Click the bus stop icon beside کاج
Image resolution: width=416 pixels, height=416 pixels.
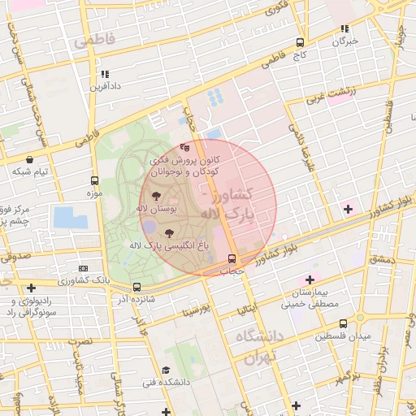coord(300,43)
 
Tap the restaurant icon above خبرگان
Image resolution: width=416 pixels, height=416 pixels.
coord(345,28)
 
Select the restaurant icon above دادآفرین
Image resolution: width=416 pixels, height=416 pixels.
coord(105,74)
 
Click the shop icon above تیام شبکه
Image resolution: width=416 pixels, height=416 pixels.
coord(30,160)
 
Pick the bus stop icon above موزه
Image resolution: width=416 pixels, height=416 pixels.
coord(95,181)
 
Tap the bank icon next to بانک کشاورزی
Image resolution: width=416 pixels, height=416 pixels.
coord(83,268)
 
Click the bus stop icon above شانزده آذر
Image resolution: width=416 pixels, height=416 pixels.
coord(136,287)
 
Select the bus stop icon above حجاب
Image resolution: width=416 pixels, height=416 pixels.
coord(233,259)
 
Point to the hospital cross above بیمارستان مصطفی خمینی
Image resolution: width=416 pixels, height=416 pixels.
coord(310,279)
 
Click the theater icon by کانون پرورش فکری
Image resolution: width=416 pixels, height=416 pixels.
coord(184,148)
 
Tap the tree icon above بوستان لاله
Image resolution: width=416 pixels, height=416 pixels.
coord(156,196)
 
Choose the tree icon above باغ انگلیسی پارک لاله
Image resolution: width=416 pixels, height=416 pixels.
coord(169,232)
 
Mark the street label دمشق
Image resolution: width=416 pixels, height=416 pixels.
coord(381,259)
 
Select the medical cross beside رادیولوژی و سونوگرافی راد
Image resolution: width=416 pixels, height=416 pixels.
coord(31,288)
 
